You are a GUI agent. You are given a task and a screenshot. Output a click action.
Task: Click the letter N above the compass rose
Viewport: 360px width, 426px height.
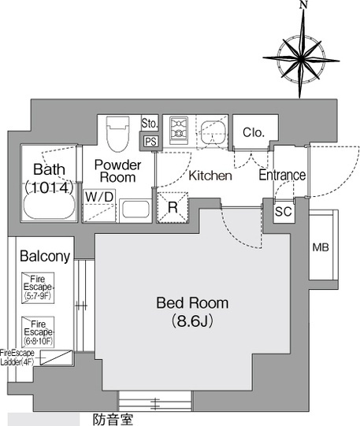tap(303, 6)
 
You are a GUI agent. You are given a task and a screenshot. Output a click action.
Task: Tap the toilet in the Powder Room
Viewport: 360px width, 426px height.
tap(117, 134)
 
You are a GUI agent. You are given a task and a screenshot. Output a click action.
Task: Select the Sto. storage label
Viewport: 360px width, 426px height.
tap(150, 124)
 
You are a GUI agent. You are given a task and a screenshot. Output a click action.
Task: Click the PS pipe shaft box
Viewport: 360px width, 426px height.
tap(150, 142)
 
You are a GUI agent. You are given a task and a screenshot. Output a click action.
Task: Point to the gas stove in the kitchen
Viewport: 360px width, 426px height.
tap(179, 130)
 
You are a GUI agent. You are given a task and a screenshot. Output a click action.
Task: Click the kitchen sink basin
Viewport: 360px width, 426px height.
tap(213, 132)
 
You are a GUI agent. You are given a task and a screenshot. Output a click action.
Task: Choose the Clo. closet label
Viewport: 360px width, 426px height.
tap(254, 132)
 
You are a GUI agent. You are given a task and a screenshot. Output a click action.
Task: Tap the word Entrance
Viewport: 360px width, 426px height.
tap(282, 176)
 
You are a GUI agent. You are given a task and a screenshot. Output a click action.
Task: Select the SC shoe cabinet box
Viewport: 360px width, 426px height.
tap(284, 212)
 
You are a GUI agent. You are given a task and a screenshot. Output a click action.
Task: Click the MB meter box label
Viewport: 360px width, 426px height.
tap(321, 247)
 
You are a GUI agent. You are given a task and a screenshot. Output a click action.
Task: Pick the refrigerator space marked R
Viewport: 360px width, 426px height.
tap(173, 208)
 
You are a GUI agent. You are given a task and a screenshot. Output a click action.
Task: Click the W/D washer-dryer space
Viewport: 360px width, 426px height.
tap(99, 206)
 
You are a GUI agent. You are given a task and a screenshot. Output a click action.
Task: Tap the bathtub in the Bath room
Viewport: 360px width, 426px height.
tap(49, 206)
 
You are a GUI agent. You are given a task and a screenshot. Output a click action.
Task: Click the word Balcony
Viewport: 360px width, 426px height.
tap(45, 256)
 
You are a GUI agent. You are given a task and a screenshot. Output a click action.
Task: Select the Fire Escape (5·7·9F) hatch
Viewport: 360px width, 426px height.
tap(38, 287)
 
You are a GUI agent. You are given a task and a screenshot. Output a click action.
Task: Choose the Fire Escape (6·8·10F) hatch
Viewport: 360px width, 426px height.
tap(38, 332)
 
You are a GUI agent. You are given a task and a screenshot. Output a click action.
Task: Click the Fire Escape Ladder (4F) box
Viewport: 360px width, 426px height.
tap(57, 357)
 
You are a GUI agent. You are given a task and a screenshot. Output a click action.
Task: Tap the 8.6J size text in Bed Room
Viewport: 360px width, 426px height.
tap(192, 321)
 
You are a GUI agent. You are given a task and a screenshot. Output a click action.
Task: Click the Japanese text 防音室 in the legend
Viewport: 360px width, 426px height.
tap(113, 420)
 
